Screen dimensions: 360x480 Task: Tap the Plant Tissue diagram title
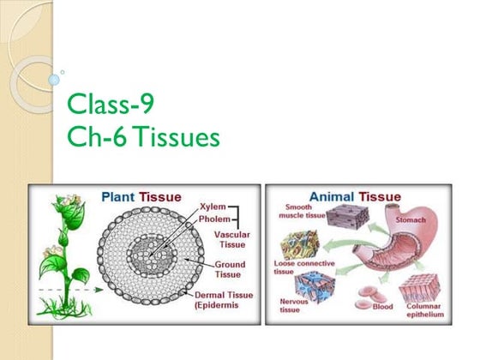(x=141, y=196)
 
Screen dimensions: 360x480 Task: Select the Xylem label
(x=213, y=207)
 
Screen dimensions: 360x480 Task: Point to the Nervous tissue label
(x=295, y=306)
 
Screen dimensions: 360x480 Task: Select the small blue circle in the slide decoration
(x=53, y=80)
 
